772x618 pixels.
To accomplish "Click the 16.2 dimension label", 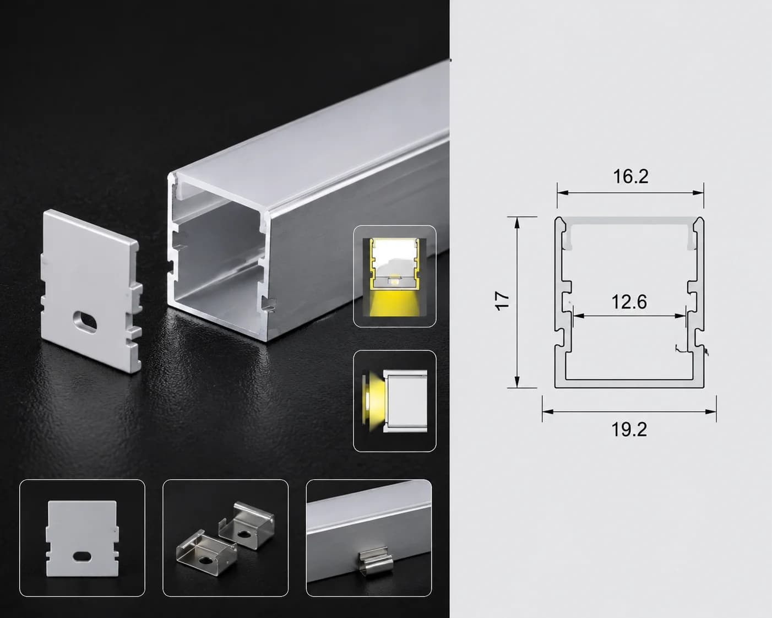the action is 630,177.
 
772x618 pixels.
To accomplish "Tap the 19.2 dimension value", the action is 629,430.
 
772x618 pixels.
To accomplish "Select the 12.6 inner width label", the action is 629,302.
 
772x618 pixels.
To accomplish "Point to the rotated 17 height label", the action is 502,301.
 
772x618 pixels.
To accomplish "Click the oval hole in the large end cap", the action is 85,322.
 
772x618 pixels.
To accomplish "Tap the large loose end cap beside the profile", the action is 92,291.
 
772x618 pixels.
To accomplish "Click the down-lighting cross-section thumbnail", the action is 395,277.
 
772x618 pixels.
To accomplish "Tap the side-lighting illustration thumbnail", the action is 395,401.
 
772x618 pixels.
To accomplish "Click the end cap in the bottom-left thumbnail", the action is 82,539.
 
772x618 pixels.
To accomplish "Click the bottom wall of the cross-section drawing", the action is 629,384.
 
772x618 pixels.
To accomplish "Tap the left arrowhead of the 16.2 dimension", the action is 563,193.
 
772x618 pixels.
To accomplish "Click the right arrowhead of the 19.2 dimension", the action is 711,411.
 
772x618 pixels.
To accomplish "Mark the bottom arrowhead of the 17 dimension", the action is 517,382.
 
